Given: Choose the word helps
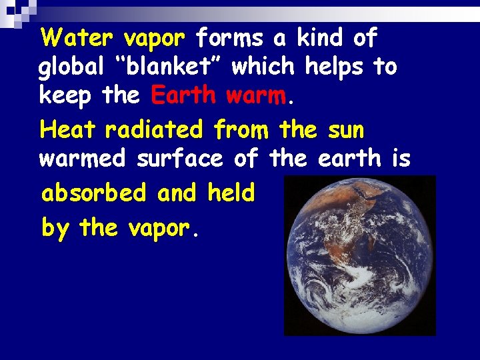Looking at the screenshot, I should click(337, 67).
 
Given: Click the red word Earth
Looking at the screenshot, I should click(184, 96).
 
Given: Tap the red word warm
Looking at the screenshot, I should click(257, 96).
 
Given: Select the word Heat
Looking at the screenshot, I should click(67, 129).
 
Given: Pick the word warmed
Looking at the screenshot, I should click(83, 159).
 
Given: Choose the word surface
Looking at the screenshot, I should click(179, 159).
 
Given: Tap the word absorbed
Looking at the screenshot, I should click(93, 193).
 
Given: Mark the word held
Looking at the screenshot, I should click(231, 193).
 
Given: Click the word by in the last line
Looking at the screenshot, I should click(55, 229).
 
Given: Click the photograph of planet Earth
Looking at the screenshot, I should click(359, 255).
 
